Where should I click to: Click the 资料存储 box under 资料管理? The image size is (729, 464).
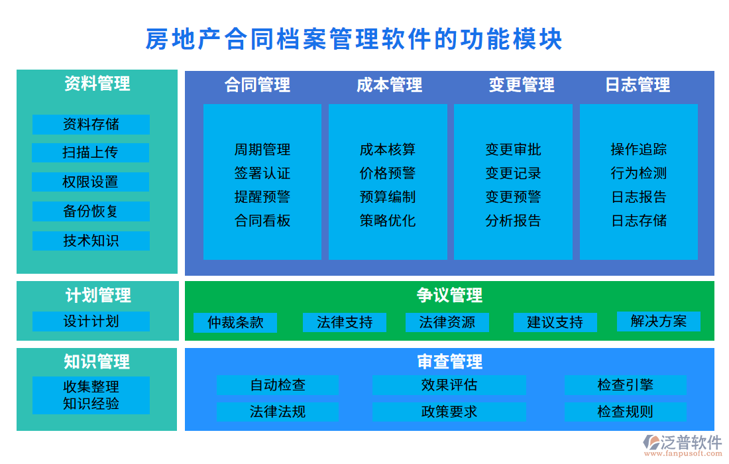(x=91, y=124)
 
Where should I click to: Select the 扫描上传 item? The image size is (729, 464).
(x=91, y=152)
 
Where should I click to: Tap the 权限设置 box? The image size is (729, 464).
(x=91, y=182)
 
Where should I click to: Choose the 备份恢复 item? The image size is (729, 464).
(x=91, y=211)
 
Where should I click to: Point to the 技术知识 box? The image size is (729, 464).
(x=91, y=241)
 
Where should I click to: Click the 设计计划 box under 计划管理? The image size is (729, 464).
(x=91, y=321)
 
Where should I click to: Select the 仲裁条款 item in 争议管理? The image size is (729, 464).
(x=235, y=323)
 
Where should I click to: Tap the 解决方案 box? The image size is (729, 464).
(x=658, y=321)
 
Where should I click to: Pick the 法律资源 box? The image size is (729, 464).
(x=447, y=323)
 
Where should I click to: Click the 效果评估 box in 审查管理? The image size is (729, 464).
(x=449, y=385)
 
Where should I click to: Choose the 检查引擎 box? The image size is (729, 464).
(x=625, y=385)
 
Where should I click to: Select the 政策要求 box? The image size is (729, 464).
(x=449, y=412)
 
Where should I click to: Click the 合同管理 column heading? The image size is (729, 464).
(x=257, y=85)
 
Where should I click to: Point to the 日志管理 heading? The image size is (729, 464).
(x=638, y=85)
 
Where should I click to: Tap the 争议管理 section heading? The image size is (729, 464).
(x=449, y=295)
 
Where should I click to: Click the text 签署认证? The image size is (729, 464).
(x=262, y=174)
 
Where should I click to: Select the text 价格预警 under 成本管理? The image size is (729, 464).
(x=388, y=174)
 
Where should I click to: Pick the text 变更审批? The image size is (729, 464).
(x=513, y=150)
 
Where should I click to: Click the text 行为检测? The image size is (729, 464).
(x=639, y=174)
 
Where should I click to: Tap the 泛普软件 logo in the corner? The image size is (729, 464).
(x=683, y=444)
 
